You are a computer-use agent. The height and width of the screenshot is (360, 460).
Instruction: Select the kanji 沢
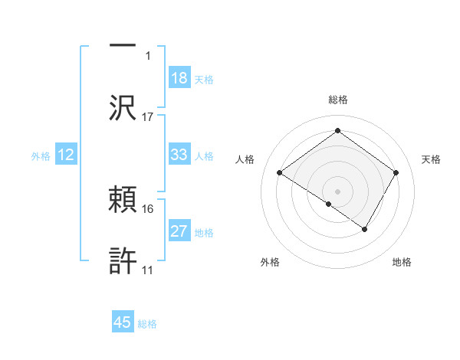pos(123,107)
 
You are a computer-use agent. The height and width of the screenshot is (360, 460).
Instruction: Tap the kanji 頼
pos(123,200)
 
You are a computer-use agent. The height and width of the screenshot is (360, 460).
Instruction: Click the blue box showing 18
pos(179,77)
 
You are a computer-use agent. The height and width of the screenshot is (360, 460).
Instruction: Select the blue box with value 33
pos(179,155)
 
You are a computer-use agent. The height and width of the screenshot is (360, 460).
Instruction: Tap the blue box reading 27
pos(179,231)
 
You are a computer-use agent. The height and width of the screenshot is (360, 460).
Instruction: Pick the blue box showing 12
pos(66,155)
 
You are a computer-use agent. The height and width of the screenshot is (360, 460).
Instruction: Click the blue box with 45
pos(123,322)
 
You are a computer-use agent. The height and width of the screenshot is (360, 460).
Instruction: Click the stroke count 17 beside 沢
pos(148,116)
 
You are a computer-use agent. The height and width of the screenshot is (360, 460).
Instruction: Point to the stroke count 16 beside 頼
pos(148,208)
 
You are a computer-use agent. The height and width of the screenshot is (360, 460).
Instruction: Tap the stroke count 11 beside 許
pos(147,270)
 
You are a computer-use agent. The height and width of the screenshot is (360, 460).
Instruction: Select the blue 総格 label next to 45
pos(147,323)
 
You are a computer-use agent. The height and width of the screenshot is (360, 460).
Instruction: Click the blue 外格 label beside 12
pos(41,155)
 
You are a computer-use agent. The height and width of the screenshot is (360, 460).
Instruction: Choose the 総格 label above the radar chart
pos(338,100)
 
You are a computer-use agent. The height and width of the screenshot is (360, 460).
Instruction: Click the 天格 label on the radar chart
pos(431,159)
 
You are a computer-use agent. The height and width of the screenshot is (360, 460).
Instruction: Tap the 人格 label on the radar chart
pos(245,159)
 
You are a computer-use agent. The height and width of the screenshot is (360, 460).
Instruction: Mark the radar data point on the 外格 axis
pos(329,204)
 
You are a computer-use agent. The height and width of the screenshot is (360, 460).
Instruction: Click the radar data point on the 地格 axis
pos(365,229)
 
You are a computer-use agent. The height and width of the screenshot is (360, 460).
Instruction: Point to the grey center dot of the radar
pos(338,190)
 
